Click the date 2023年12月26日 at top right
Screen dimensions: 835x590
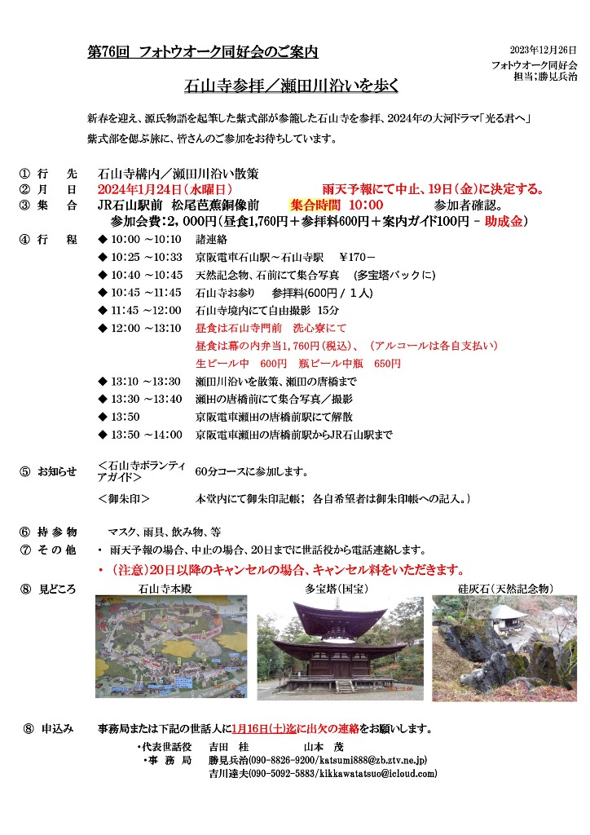pos(543,50)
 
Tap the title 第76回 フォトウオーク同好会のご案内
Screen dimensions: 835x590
pos(202,52)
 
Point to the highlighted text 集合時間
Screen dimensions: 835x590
pos(315,205)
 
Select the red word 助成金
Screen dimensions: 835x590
pos(504,221)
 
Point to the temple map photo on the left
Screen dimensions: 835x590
pos(170,646)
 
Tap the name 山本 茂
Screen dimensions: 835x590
pos(324,746)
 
